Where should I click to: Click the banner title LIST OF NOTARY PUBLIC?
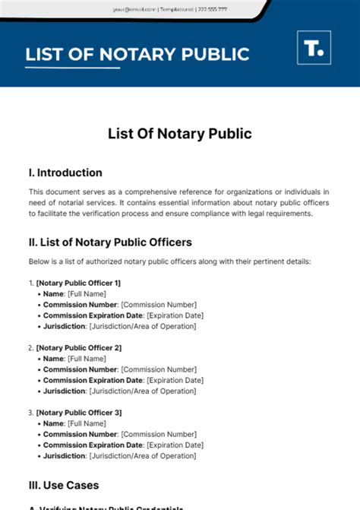137,55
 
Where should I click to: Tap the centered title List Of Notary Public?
179,134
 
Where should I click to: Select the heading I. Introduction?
65,173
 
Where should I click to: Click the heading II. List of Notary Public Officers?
110,242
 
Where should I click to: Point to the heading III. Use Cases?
64,485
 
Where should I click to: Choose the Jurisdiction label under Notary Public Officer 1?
65,326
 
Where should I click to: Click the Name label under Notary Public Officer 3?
53,423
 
